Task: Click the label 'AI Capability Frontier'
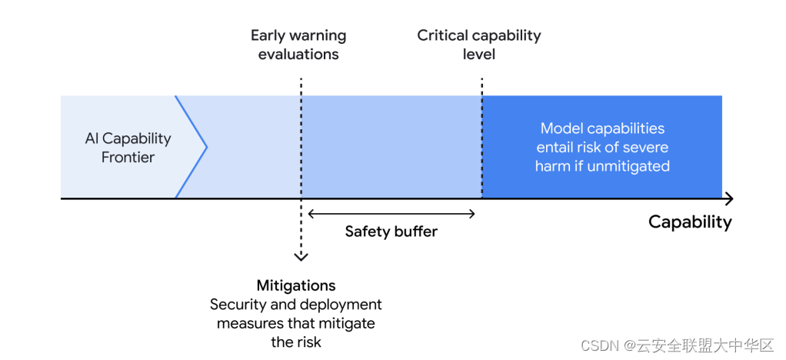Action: pos(128,148)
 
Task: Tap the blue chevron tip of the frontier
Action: pos(207,147)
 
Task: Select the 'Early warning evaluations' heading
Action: pos(298,45)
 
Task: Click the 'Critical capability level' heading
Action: pos(478,45)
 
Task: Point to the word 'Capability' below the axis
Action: pos(690,222)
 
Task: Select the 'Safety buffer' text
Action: pos(391,231)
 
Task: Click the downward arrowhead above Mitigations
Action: pos(300,257)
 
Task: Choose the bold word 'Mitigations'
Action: pos(296,285)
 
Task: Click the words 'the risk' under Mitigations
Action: pos(296,342)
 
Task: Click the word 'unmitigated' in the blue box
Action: pos(628,166)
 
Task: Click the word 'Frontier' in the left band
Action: pos(128,157)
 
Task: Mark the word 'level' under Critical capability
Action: pos(478,54)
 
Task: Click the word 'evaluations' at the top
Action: pos(298,54)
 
